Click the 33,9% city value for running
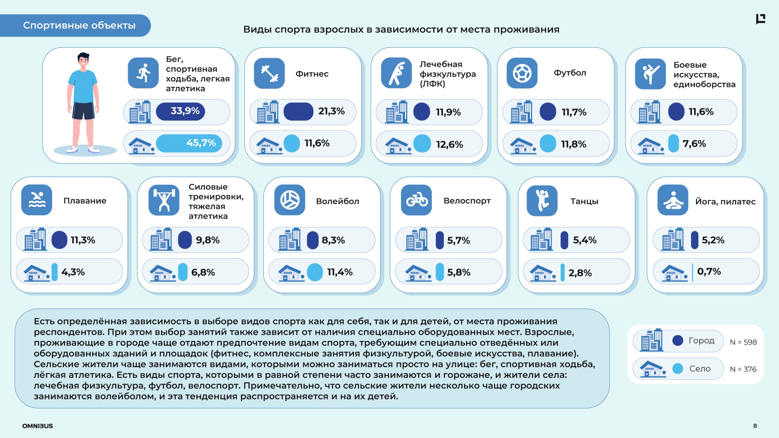pyautogui.click(x=185, y=111)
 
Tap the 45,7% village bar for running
pyautogui.click(x=189, y=143)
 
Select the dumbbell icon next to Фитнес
pyautogui.click(x=269, y=73)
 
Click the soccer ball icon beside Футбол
pyautogui.click(x=522, y=73)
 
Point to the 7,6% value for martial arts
pyautogui.click(x=694, y=144)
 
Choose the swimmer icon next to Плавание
pyautogui.click(x=37, y=200)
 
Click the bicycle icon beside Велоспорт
pyautogui.click(x=416, y=200)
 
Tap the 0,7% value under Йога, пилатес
pyautogui.click(x=709, y=271)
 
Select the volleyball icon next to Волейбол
pyautogui.click(x=290, y=200)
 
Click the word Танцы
pyautogui.click(x=584, y=201)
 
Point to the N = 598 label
pyautogui.click(x=743, y=342)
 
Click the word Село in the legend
pyautogui.click(x=700, y=369)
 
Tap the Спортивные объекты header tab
pyautogui.click(x=79, y=26)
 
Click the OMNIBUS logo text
pyautogui.click(x=37, y=426)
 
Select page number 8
pyautogui.click(x=755, y=426)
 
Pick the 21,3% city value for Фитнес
pyautogui.click(x=331, y=111)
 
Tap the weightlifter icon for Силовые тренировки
pyautogui.click(x=164, y=200)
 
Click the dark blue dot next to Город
pyautogui.click(x=678, y=340)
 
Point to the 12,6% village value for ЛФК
pyautogui.click(x=449, y=144)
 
